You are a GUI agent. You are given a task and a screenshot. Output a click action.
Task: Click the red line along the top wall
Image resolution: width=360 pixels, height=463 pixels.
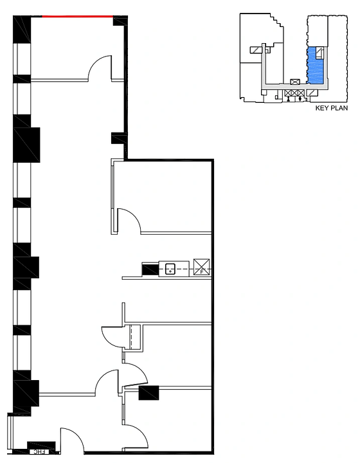coord(78,17)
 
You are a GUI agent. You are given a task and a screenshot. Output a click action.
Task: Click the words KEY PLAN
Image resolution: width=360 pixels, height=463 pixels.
coord(332,108)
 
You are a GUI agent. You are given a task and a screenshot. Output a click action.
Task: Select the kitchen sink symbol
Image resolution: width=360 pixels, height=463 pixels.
coord(170,269)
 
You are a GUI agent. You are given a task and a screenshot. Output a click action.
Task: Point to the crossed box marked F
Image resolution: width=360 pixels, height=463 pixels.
coord(202,267)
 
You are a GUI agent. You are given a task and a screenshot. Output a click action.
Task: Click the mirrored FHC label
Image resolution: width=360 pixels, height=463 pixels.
coord(39,452)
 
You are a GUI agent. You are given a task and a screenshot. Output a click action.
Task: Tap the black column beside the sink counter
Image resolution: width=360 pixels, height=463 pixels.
coord(150,269)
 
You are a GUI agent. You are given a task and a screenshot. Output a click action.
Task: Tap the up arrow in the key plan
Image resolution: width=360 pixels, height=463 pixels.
coord(288,99)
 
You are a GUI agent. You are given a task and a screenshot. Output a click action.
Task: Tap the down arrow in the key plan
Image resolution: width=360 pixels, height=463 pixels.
coord(300,99)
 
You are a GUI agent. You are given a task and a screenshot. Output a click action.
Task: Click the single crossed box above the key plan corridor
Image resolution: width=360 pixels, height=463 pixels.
coord(295,82)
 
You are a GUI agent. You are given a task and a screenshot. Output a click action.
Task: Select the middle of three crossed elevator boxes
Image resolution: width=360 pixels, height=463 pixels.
coord(294,93)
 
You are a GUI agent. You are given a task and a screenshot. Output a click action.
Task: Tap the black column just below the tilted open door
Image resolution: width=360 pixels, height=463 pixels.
coord(148,393)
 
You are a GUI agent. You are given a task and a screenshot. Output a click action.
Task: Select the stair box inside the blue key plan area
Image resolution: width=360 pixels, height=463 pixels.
coord(319,52)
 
